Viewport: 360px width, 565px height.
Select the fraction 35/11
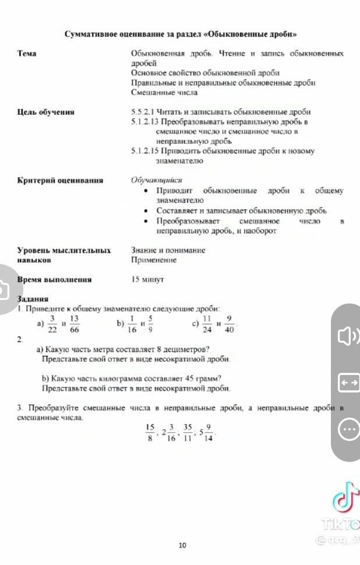187,433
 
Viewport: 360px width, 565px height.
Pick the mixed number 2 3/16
168,433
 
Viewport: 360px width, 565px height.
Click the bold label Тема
27,54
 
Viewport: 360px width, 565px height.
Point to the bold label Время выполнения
54,280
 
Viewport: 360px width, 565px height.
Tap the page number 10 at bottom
182,545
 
